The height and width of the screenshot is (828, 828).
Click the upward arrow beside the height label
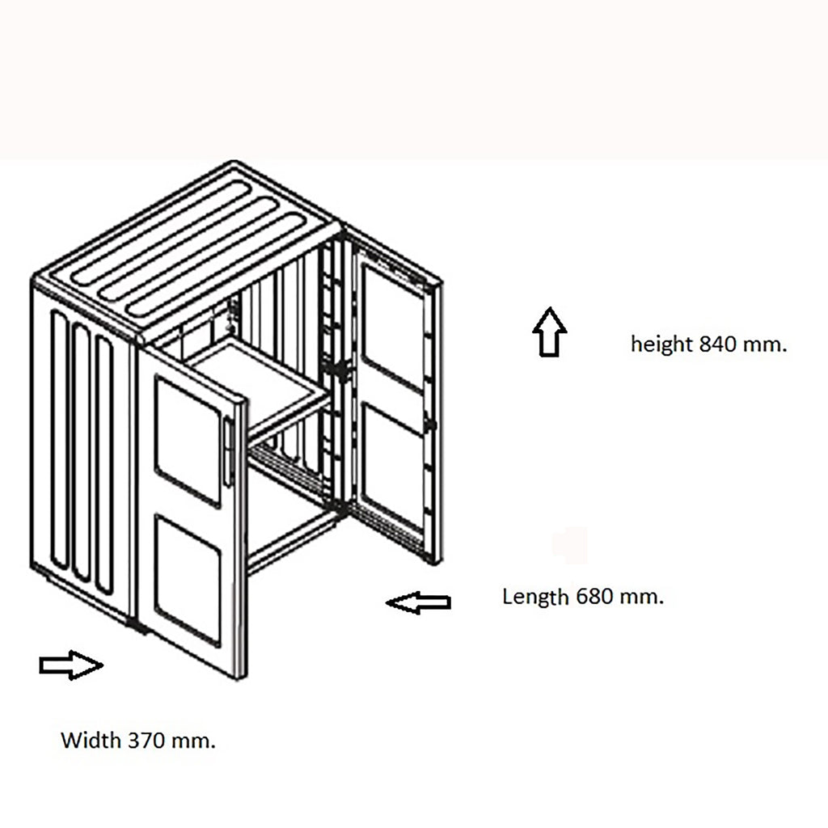tap(550, 332)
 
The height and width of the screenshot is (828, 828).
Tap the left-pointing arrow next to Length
tap(418, 602)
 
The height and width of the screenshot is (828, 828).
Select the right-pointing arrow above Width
tap(71, 665)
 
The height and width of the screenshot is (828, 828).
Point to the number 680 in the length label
tap(594, 597)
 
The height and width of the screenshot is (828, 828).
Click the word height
tap(662, 344)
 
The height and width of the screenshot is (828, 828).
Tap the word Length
tap(535, 598)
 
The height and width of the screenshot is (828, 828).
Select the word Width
tap(91, 741)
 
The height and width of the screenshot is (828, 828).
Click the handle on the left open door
tap(228, 451)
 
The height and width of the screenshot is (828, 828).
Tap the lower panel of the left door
tap(188, 580)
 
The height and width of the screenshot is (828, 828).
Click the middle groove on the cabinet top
tap(189, 249)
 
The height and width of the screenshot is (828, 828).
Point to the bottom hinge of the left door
tap(138, 627)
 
